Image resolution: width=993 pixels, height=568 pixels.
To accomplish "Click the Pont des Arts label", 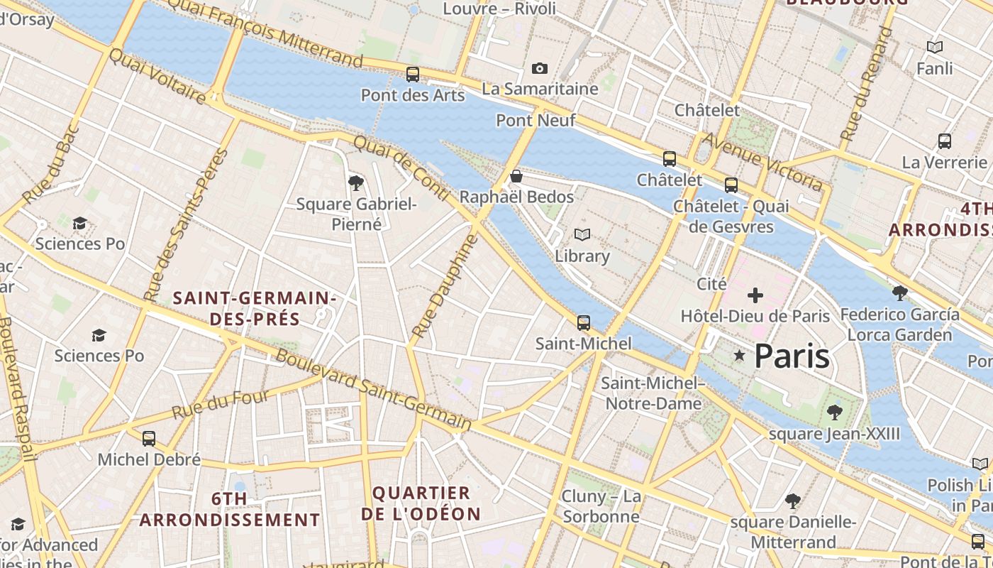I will pos(413,95).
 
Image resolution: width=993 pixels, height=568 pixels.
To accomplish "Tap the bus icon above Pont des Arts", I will pos(412,74).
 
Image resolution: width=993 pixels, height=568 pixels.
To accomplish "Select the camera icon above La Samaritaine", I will pos(540,68).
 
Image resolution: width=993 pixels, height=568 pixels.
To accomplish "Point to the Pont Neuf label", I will pos(536,120).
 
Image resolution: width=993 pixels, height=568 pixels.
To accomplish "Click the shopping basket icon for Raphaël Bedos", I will pos(516,176).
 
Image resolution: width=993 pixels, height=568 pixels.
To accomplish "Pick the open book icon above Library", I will pos(582,234).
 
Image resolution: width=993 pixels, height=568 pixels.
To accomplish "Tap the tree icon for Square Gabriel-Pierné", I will pos(356,184).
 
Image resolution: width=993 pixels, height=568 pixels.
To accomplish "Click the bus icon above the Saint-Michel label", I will pos(583,322).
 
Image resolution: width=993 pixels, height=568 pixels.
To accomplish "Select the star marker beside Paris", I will pos(739,355).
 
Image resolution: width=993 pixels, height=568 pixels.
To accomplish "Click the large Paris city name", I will pos(792,356).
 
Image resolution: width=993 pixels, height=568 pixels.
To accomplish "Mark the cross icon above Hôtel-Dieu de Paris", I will pos(755,295).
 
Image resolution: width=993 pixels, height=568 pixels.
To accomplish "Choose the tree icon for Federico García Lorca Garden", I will pos(899,293).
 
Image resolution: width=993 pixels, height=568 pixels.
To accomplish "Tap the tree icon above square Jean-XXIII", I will pos(834,412).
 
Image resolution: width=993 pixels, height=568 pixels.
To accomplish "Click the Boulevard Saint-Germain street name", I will pos(373,390).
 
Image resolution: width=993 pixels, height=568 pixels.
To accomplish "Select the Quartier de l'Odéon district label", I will pos(421,503).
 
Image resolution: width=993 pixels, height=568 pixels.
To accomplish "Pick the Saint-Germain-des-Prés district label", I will pos(255,308).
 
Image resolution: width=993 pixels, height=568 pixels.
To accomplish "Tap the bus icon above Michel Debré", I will pos(148,438).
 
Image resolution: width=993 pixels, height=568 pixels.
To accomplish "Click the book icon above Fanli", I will pos(935,48).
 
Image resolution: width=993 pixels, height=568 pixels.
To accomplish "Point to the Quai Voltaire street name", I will pos(157,76).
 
